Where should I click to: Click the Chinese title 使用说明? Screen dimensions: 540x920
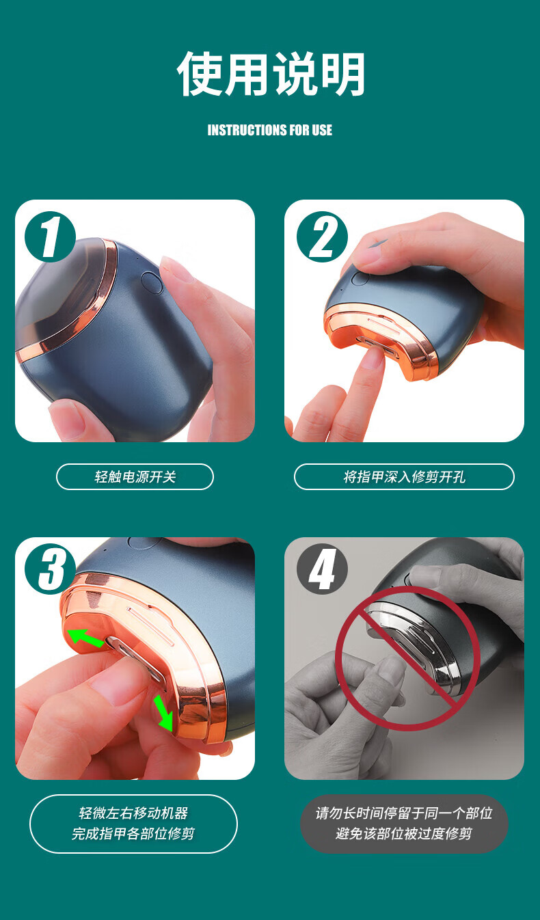(x=271, y=74)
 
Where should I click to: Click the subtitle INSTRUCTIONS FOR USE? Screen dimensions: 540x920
(x=270, y=130)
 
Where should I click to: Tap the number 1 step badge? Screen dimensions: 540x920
(x=50, y=237)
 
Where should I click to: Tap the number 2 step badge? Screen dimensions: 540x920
(x=323, y=237)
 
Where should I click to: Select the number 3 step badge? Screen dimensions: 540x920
(x=50, y=569)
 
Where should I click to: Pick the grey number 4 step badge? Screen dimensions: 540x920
(x=323, y=569)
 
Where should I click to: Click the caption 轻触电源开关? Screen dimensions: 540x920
(x=135, y=477)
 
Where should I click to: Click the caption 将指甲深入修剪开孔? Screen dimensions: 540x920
(x=405, y=477)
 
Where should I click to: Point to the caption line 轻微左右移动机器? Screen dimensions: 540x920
(x=133, y=813)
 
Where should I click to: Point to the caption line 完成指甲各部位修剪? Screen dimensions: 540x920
(x=133, y=833)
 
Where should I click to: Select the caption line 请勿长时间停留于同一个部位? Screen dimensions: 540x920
(x=404, y=813)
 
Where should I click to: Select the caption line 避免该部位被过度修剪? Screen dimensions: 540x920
(x=404, y=833)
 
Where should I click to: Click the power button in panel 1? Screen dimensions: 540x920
(x=152, y=282)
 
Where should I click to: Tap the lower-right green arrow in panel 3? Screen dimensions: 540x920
(x=164, y=713)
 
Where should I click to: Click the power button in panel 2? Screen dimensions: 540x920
(x=361, y=278)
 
